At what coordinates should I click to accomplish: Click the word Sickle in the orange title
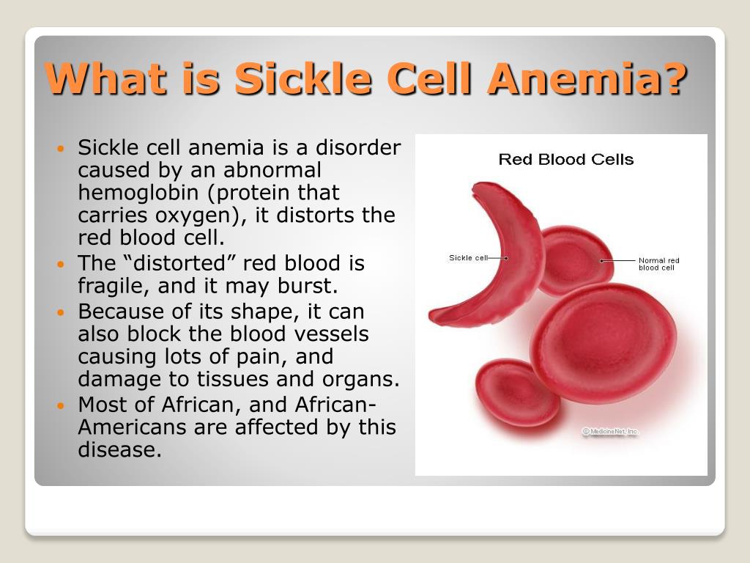pyautogui.click(x=303, y=78)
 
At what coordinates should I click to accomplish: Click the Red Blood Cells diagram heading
pyautogui.click(x=566, y=159)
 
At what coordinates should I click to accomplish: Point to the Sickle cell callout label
pyautogui.click(x=468, y=257)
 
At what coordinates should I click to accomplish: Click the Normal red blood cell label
pyautogui.click(x=658, y=264)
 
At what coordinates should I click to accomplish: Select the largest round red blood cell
pyautogui.click(x=604, y=343)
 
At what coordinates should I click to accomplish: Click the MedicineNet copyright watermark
pyautogui.click(x=610, y=431)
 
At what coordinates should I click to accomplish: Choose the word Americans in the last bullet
pyautogui.click(x=132, y=427)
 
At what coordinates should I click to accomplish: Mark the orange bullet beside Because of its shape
pyautogui.click(x=60, y=312)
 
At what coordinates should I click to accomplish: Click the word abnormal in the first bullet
pyautogui.click(x=272, y=170)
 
